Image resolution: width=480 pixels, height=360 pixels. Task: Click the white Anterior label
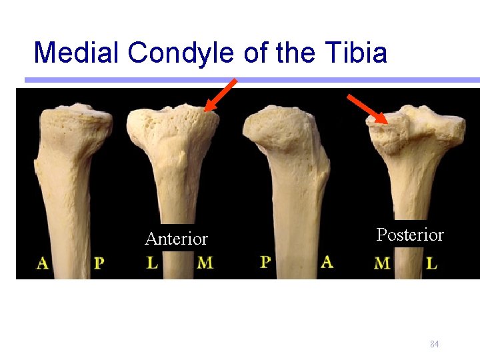[x=176, y=239]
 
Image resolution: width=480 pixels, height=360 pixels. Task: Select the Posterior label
[x=409, y=235]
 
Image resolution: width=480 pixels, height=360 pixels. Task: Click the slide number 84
[x=434, y=344]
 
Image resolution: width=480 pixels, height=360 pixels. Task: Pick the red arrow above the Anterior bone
[x=221, y=95]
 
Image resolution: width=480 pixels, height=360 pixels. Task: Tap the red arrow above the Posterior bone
[x=367, y=109]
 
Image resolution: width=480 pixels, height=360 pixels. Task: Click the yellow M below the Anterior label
[x=205, y=263]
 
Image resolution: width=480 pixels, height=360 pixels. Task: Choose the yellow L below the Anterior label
[x=153, y=263]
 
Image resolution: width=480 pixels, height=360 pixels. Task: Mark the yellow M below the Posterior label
[x=383, y=263]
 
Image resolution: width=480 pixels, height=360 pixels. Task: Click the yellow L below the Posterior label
[x=431, y=263]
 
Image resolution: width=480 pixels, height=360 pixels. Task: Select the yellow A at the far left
[x=42, y=263]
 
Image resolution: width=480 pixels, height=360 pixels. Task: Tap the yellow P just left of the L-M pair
[x=99, y=263]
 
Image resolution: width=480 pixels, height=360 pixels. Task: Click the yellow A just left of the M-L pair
[x=327, y=261]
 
